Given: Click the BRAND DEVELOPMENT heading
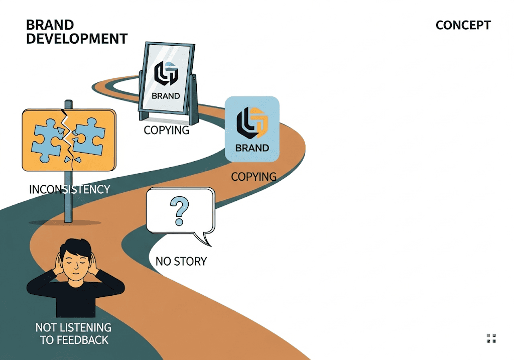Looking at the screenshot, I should click(x=76, y=32).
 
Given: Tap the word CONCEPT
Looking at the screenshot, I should click(x=463, y=25).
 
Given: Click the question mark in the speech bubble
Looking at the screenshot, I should click(x=177, y=211).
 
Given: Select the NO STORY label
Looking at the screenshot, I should click(x=181, y=262).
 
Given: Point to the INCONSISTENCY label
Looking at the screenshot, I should click(x=69, y=189).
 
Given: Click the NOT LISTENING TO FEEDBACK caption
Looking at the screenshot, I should click(x=74, y=333).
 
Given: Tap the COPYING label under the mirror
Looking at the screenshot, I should click(x=166, y=130).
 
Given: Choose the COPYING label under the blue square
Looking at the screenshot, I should click(x=253, y=177).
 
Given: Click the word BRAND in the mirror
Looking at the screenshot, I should click(x=166, y=96).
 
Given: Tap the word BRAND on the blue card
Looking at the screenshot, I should click(x=252, y=148).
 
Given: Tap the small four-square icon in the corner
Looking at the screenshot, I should click(x=491, y=338).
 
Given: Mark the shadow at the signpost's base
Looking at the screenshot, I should click(x=65, y=222).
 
